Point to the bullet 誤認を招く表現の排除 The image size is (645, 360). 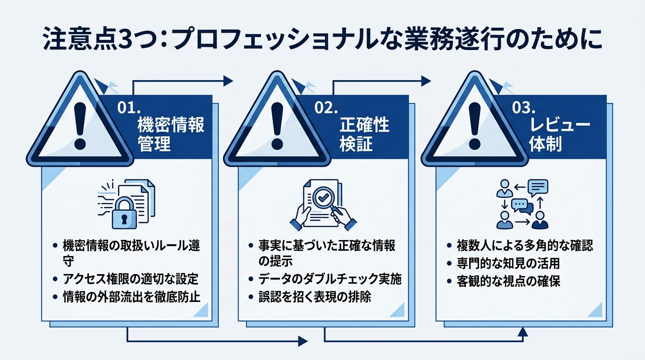point(315,297)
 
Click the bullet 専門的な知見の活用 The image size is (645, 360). point(508,263)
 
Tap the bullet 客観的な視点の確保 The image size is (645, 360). point(508,281)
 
